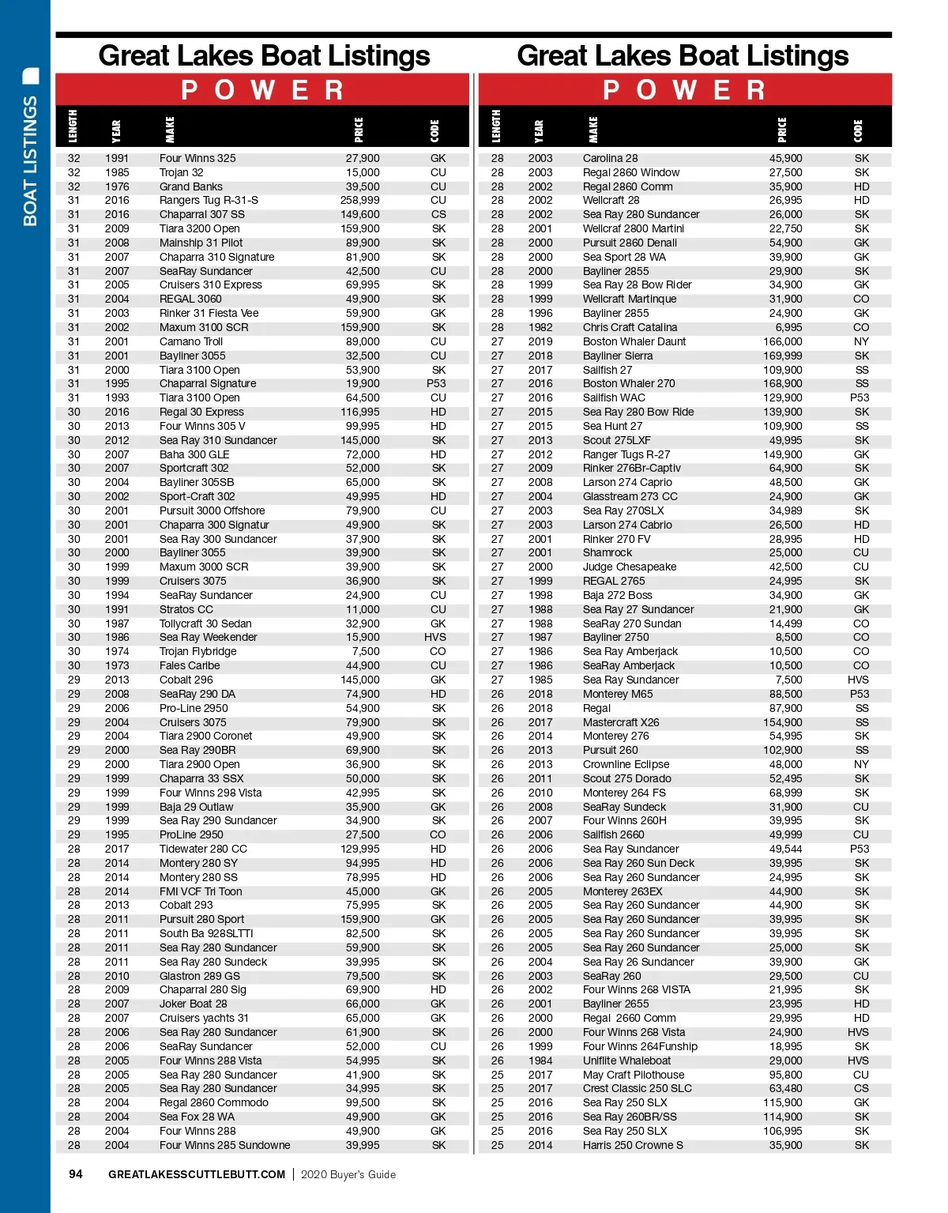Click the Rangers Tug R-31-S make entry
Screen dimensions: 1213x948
tap(209, 201)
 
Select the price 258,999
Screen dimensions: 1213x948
tap(359, 201)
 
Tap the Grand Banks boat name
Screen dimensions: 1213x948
tap(190, 186)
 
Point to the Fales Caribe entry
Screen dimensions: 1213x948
tap(190, 665)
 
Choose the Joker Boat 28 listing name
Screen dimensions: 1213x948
tap(193, 1004)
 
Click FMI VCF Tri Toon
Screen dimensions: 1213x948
tap(201, 891)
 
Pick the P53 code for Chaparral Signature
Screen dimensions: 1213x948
tap(436, 384)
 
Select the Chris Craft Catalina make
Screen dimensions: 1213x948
tap(630, 327)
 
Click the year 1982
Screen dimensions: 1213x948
tap(540, 327)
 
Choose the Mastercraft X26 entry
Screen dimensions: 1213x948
tap(621, 722)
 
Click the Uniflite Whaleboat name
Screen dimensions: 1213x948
tap(626, 1060)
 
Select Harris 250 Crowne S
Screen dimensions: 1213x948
tap(633, 1145)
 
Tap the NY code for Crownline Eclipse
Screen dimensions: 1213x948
tap(861, 764)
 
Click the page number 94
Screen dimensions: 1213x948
tap(76, 1174)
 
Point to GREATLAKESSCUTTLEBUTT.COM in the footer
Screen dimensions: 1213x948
tap(197, 1174)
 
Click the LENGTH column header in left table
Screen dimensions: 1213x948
tap(73, 126)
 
